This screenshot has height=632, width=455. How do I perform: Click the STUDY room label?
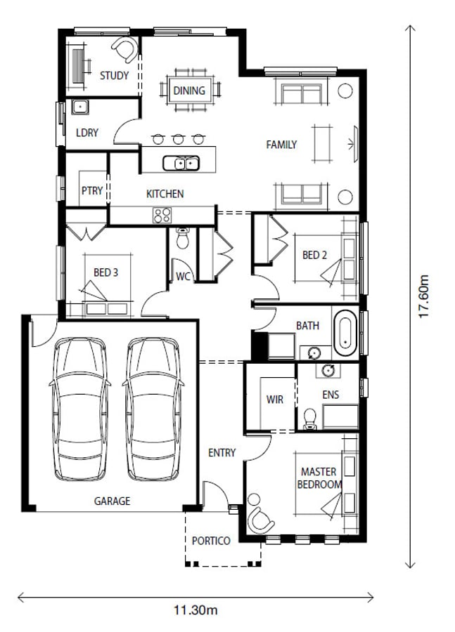pyautogui.click(x=114, y=75)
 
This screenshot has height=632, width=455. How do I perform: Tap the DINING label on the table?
pyautogui.click(x=189, y=91)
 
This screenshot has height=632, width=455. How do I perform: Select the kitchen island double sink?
pyautogui.click(x=181, y=163)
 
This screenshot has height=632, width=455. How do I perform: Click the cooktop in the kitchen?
pyautogui.click(x=162, y=216)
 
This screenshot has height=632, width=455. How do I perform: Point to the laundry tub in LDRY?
pyautogui.click(x=80, y=107)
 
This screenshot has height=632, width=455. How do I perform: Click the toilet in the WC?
pyautogui.click(x=182, y=238)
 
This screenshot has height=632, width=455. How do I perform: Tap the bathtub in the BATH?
pyautogui.click(x=345, y=333)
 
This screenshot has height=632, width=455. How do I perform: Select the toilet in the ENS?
pyautogui.click(x=309, y=419)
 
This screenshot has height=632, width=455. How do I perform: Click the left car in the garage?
pyautogui.click(x=80, y=409)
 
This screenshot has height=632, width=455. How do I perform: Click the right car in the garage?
pyautogui.click(x=153, y=409)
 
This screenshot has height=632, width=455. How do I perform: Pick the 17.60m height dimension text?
pyautogui.click(x=423, y=296)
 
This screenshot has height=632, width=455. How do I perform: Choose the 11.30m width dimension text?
pyautogui.click(x=196, y=610)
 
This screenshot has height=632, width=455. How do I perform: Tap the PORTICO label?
pyautogui.click(x=211, y=541)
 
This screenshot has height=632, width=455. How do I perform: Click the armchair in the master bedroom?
pyautogui.click(x=260, y=520)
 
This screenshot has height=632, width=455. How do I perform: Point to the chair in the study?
pyautogui.click(x=126, y=50)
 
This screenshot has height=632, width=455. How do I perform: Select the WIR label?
pyautogui.click(x=274, y=400)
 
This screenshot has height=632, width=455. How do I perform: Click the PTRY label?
pyautogui.click(x=92, y=190)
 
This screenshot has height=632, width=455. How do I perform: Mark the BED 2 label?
pyautogui.click(x=314, y=255)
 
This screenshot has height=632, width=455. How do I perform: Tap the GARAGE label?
pyautogui.click(x=113, y=501)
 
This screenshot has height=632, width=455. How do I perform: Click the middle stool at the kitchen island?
pyautogui.click(x=179, y=139)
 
